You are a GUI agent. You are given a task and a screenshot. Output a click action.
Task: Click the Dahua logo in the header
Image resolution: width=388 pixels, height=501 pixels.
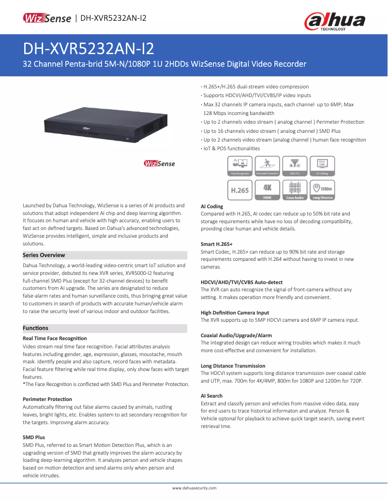pos(334,21)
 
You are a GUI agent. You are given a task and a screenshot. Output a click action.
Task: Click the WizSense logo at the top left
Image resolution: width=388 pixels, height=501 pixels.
pos(47,18)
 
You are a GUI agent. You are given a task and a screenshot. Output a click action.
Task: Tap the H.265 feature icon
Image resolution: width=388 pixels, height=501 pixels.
pos(239,190)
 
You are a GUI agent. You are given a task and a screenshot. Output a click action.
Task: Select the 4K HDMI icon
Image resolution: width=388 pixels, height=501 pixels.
pos(267,190)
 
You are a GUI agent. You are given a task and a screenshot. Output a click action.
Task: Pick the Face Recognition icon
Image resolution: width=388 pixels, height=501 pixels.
pos(239,166)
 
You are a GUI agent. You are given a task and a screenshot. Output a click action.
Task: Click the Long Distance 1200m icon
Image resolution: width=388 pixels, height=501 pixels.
pos(322,190)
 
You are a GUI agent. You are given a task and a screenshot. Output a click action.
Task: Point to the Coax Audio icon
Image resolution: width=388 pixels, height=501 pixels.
pos(295,190)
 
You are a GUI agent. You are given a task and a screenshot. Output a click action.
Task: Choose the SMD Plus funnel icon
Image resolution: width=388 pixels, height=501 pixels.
pos(295,166)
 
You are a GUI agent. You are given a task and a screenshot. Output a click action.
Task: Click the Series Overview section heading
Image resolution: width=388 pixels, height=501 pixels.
pos(44,255)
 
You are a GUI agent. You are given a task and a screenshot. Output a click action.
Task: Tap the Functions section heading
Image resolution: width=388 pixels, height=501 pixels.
pos(35,328)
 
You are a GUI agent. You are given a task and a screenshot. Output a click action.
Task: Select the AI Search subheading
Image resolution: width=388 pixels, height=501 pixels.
pos(211,396)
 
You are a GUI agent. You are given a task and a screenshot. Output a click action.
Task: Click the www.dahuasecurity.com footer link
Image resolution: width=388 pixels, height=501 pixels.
pos(194,488)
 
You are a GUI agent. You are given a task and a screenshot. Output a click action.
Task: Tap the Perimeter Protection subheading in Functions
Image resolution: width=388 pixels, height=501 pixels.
pos(47,399)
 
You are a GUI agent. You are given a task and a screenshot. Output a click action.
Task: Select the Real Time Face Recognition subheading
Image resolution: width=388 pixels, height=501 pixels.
pos(55,338)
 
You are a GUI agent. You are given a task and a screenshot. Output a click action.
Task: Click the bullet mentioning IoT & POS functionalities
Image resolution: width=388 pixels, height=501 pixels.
pos(231,148)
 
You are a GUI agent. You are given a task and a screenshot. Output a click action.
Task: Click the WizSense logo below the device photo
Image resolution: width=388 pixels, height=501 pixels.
pos(159,164)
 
